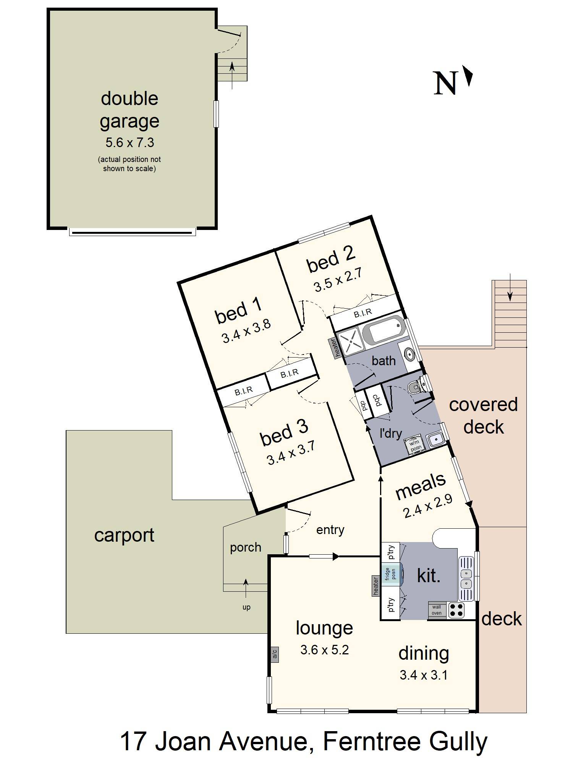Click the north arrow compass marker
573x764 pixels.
pos(468,76)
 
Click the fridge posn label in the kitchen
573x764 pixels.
pos(390,574)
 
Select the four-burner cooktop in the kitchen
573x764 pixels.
pos(456,610)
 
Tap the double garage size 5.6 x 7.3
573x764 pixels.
pos(129,142)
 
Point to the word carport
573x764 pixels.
pos(124,535)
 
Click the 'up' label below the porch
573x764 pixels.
pos(246,607)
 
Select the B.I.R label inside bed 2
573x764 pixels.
pos(363,313)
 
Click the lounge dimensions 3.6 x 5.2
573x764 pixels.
pos(324,650)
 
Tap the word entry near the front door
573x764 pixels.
pos(330,530)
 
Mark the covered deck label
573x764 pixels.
pos(483,416)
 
